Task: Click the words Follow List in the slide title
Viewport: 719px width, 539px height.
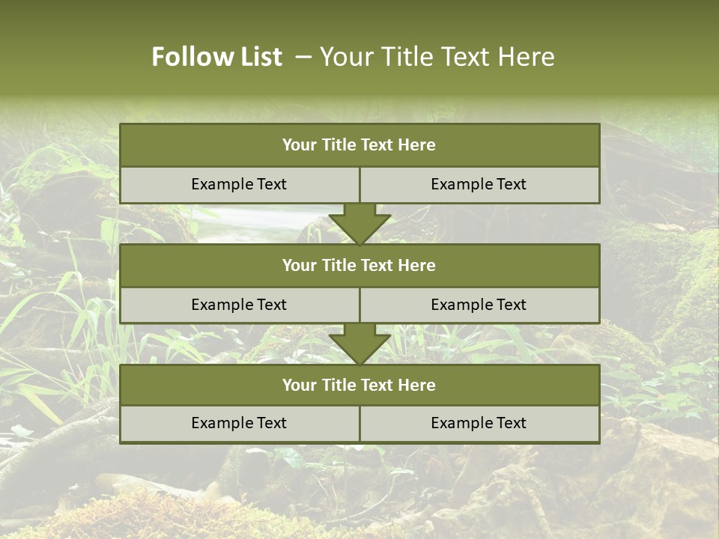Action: point(216,57)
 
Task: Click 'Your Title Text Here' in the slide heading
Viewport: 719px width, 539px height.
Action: point(437,57)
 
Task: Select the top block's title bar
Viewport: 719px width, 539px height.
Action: point(359,145)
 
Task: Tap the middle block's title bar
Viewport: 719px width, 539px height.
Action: point(359,265)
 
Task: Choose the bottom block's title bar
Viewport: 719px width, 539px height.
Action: point(359,385)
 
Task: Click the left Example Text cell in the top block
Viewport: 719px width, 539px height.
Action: point(239,184)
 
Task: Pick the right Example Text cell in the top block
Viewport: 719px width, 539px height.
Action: point(479,184)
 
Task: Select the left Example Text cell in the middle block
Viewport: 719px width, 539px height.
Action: point(239,305)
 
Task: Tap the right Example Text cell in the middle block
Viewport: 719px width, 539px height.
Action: point(479,305)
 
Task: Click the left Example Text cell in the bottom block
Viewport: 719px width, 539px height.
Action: point(239,423)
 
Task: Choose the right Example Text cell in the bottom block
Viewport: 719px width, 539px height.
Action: point(479,423)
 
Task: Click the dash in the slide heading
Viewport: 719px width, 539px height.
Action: point(303,57)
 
